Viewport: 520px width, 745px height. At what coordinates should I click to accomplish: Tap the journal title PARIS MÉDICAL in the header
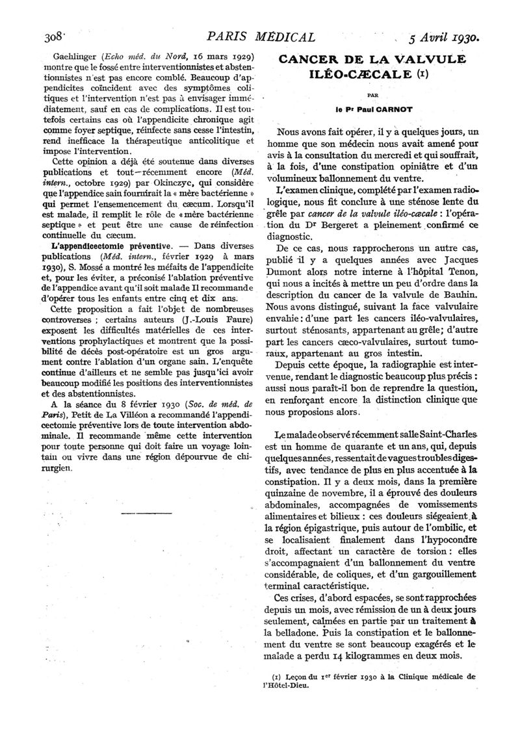(x=261, y=37)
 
